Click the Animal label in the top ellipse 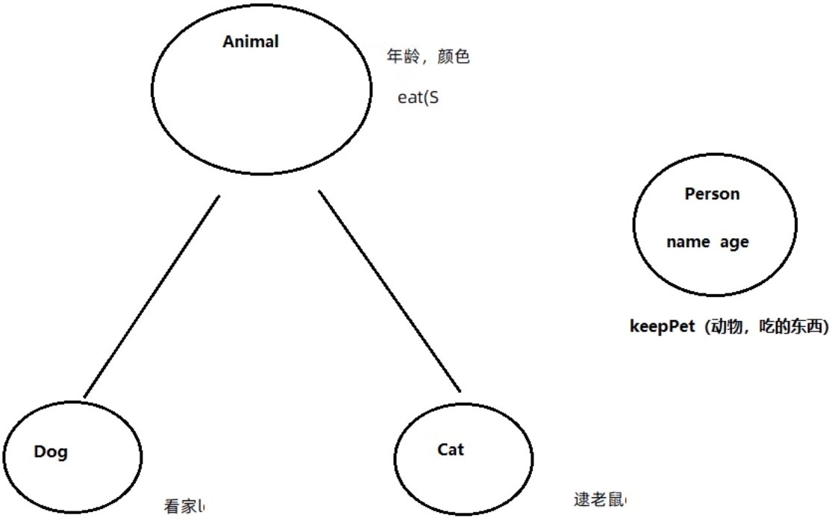[250, 42]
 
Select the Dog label [51, 452]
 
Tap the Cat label [450, 449]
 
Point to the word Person [712, 194]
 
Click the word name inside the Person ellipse [688, 243]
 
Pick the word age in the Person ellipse [734, 243]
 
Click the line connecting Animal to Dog [152, 296]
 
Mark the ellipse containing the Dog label [72, 478]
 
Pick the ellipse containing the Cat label [463, 478]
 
